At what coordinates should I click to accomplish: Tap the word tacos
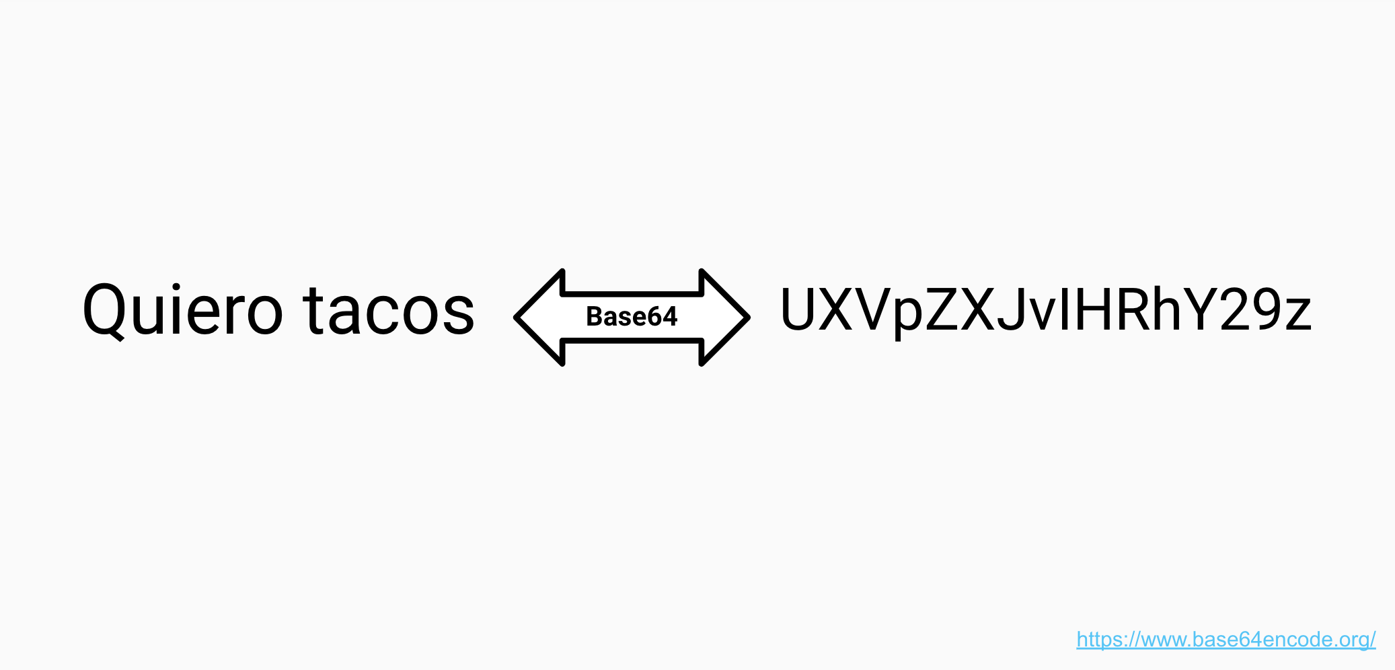389,310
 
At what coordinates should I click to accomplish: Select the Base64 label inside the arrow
632,316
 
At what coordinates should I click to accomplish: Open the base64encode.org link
1226,639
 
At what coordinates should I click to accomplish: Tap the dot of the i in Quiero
176,288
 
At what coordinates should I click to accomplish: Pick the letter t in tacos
314,310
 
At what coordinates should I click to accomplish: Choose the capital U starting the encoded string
798,310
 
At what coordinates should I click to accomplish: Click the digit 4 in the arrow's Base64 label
669,316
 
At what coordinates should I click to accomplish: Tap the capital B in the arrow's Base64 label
595,316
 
